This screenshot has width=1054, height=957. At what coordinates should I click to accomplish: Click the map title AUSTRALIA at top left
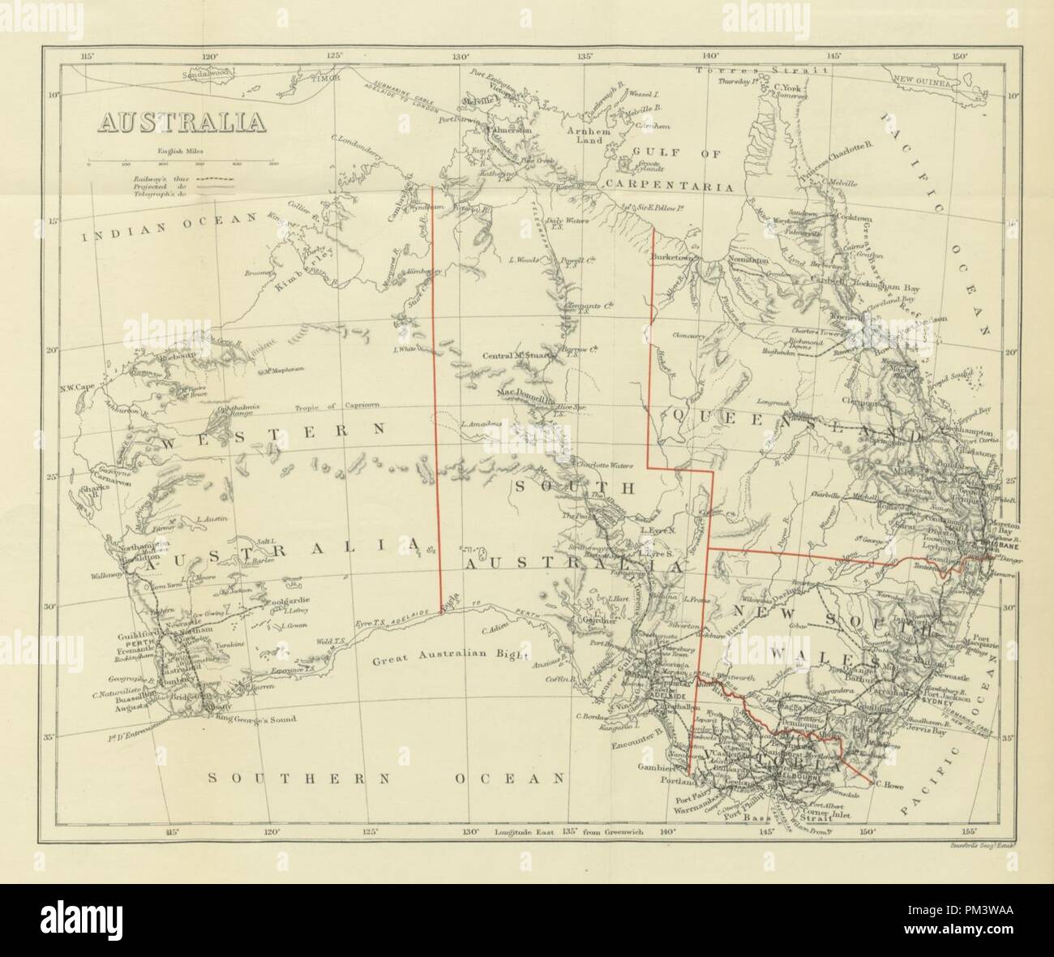coord(182,122)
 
